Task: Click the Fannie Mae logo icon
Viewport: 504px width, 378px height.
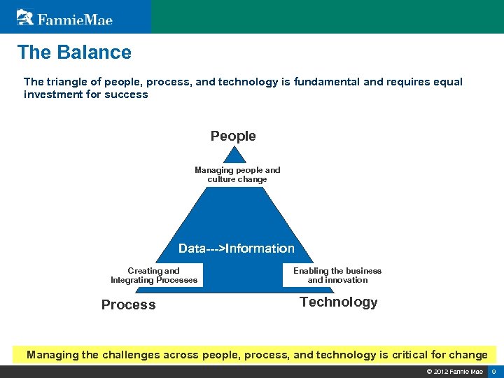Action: point(25,17)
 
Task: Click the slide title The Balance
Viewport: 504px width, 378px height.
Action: point(74,52)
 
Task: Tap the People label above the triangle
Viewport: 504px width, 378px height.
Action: point(233,136)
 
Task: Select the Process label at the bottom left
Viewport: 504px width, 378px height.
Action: point(129,305)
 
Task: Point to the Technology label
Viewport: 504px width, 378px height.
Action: point(338,302)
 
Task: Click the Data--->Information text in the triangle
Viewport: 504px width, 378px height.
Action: point(237,248)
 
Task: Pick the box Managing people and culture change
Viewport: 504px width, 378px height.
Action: point(237,175)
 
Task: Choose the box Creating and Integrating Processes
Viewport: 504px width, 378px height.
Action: point(154,276)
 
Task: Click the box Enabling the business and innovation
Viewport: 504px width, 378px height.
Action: point(337,276)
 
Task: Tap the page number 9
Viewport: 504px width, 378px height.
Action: point(493,371)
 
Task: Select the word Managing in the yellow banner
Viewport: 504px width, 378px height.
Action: point(52,355)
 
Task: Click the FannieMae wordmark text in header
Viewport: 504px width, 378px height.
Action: point(75,19)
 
